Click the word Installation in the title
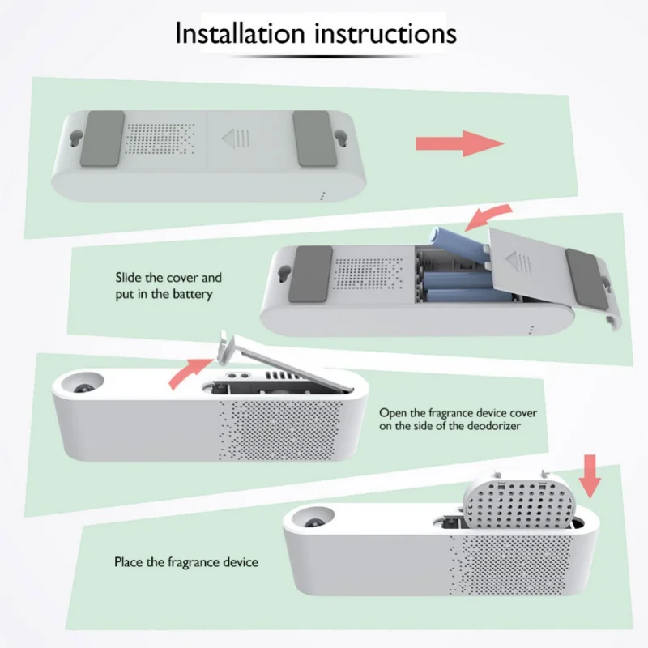click(240, 33)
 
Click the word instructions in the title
click(386, 33)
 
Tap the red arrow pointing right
click(460, 143)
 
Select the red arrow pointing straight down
click(590, 476)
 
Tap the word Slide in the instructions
click(129, 277)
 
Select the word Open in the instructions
click(392, 413)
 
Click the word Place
click(129, 562)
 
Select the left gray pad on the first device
click(102, 139)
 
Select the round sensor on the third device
click(83, 383)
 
